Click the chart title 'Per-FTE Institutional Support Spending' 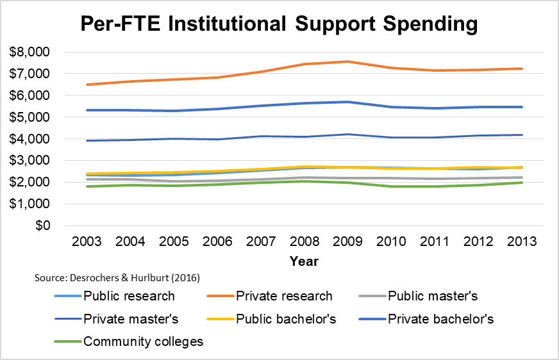click(x=279, y=24)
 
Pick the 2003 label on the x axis click(x=87, y=243)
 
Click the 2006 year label click(x=217, y=243)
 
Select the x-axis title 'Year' click(x=304, y=261)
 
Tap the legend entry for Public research click(x=129, y=296)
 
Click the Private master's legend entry click(x=131, y=318)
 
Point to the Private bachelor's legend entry click(x=440, y=318)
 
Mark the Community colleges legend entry click(x=143, y=341)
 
